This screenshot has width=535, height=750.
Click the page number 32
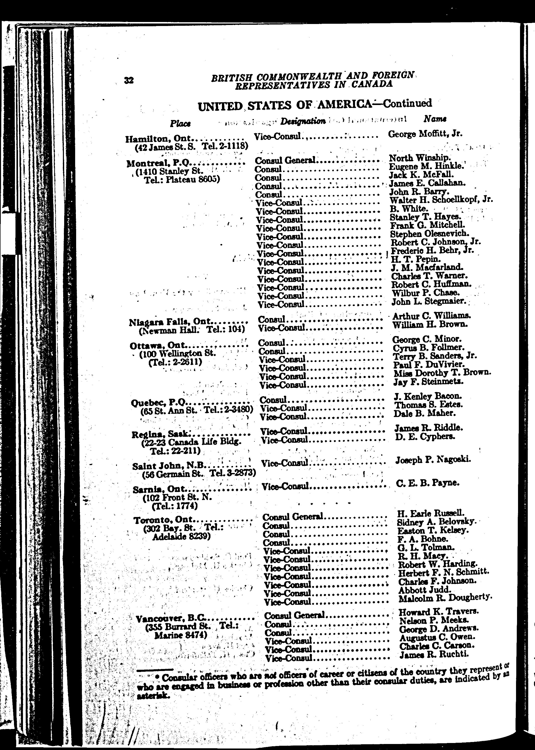point(129,80)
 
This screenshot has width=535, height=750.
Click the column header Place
point(180,123)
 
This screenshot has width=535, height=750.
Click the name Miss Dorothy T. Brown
point(442,373)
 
